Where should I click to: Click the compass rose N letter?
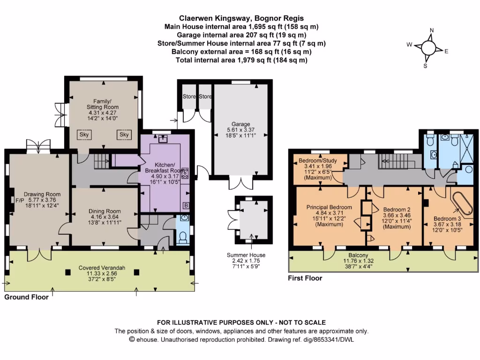[x=432, y=30]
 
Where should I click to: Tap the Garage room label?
[x=240, y=124]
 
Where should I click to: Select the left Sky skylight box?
[x=84, y=135]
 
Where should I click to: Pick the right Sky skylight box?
[x=124, y=135]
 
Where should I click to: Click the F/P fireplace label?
[x=20, y=201]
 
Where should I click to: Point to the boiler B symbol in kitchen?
[x=186, y=205]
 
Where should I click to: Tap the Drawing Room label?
[x=42, y=194]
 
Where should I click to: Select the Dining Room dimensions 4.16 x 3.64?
[x=105, y=217]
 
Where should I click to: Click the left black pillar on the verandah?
[x=67, y=272]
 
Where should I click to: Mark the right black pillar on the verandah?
[x=136, y=272]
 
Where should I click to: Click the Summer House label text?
[x=246, y=255]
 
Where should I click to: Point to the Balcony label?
[x=358, y=255]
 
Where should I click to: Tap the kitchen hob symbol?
[x=185, y=173]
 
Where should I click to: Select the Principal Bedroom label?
[x=329, y=207]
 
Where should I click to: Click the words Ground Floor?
[x=26, y=297]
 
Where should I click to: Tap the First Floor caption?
[x=305, y=278]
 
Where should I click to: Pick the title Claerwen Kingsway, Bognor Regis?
[x=241, y=18]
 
